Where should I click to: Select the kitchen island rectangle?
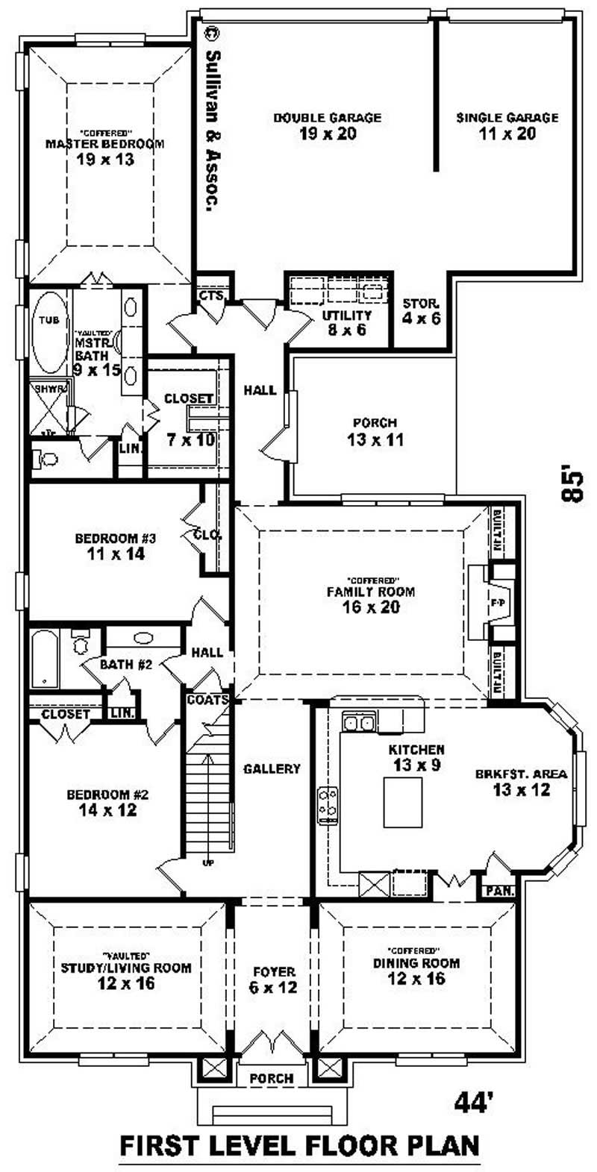[403, 802]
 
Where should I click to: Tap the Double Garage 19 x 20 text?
[327, 126]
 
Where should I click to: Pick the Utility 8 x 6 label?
[346, 322]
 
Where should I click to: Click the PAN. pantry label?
[495, 891]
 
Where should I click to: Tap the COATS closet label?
[207, 701]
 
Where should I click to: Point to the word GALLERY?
[272, 768]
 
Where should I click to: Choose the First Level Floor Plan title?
[299, 1144]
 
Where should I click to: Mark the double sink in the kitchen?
[360, 721]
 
